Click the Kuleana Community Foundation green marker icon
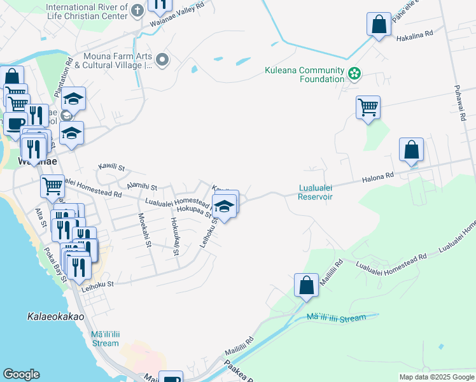354,75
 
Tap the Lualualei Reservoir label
316,192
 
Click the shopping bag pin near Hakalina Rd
379,25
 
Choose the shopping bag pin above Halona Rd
412,150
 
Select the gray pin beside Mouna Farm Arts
162,60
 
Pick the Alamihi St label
141,185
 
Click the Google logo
21,374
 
